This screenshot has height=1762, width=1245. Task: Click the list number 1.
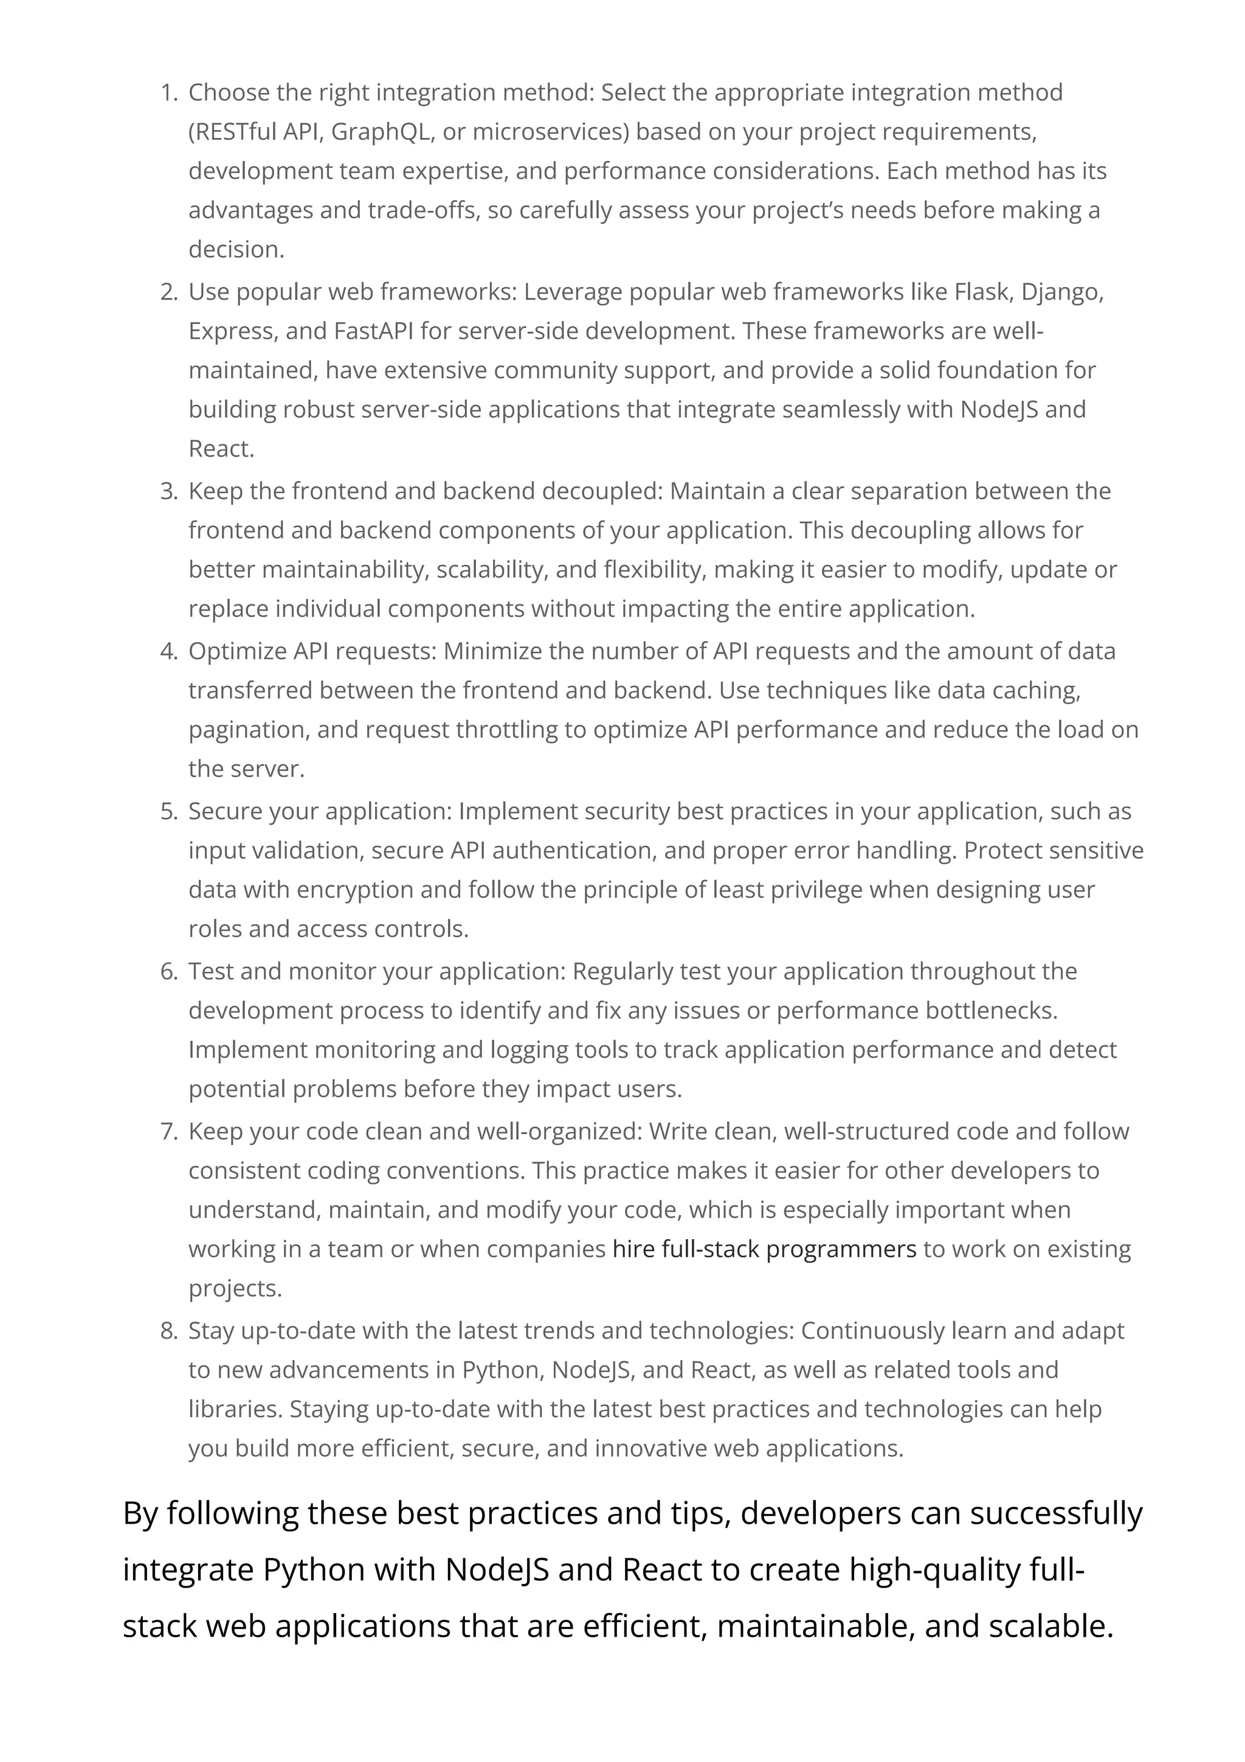(167, 93)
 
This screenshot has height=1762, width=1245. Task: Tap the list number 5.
(167, 811)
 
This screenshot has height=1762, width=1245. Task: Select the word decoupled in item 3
(600, 491)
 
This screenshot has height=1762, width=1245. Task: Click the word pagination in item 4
(248, 730)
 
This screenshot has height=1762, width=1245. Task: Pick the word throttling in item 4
(506, 729)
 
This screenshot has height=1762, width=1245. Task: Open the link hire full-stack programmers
(764, 1249)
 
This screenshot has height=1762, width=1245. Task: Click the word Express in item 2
(232, 331)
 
